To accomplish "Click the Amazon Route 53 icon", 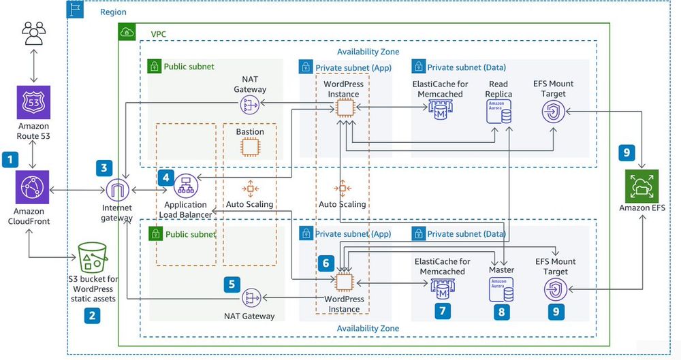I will pyautogui.click(x=33, y=105).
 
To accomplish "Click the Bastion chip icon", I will pyautogui.click(x=250, y=146).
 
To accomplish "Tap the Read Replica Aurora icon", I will pyautogui.click(x=498, y=110).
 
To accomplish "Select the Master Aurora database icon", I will pyautogui.click(x=501, y=288).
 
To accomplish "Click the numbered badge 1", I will pyautogui.click(x=10, y=160).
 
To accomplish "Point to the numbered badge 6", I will pyautogui.click(x=326, y=262).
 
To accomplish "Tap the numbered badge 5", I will pyautogui.click(x=232, y=282).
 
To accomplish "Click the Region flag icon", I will pyautogui.click(x=75, y=10).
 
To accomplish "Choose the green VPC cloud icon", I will pyautogui.click(x=127, y=31).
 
